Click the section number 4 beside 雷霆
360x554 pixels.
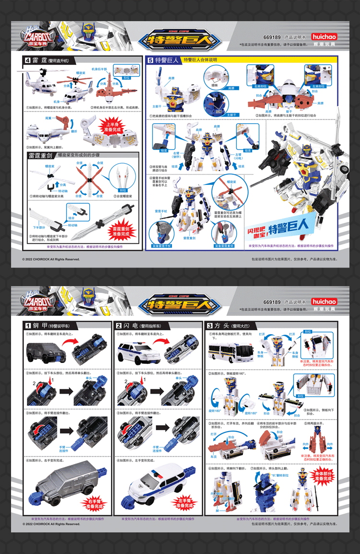pos(28,60)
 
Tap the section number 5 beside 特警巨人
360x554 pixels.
pos(150,60)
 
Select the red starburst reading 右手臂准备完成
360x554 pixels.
pos(96,504)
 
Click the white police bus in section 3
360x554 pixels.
pos(228,353)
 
